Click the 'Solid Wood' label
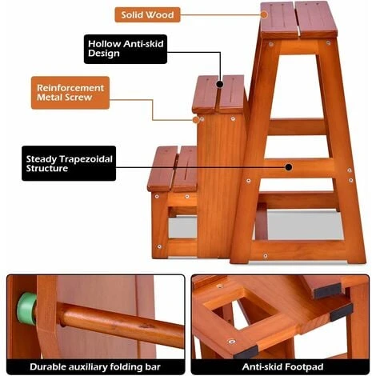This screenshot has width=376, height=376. pyautogui.click(x=147, y=14)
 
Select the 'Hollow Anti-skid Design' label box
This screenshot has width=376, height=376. pyautogui.click(x=126, y=49)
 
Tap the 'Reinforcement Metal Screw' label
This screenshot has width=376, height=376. pyautogui.click(x=70, y=93)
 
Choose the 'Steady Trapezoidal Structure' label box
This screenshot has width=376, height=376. pyautogui.click(x=69, y=163)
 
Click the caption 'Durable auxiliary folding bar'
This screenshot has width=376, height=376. pyautogui.click(x=95, y=367)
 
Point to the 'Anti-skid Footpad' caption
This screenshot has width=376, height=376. pyautogui.click(x=282, y=367)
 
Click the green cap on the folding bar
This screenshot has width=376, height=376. pyautogui.click(x=26, y=308)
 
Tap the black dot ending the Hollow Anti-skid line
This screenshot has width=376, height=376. pyautogui.click(x=220, y=84)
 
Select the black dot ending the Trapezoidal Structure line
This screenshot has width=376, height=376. pyautogui.click(x=289, y=167)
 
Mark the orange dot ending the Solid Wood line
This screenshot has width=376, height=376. pyautogui.click(x=264, y=14)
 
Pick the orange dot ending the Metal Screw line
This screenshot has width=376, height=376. pyautogui.click(x=196, y=120)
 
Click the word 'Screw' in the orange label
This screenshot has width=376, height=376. pyautogui.click(x=79, y=98)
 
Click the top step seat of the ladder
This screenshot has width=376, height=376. pyautogui.click(x=298, y=20)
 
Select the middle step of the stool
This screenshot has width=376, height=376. pyautogui.click(x=218, y=94)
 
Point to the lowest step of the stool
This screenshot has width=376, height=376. pyautogui.click(x=172, y=169)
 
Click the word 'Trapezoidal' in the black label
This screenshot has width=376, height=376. pyautogui.click(x=86, y=159)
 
